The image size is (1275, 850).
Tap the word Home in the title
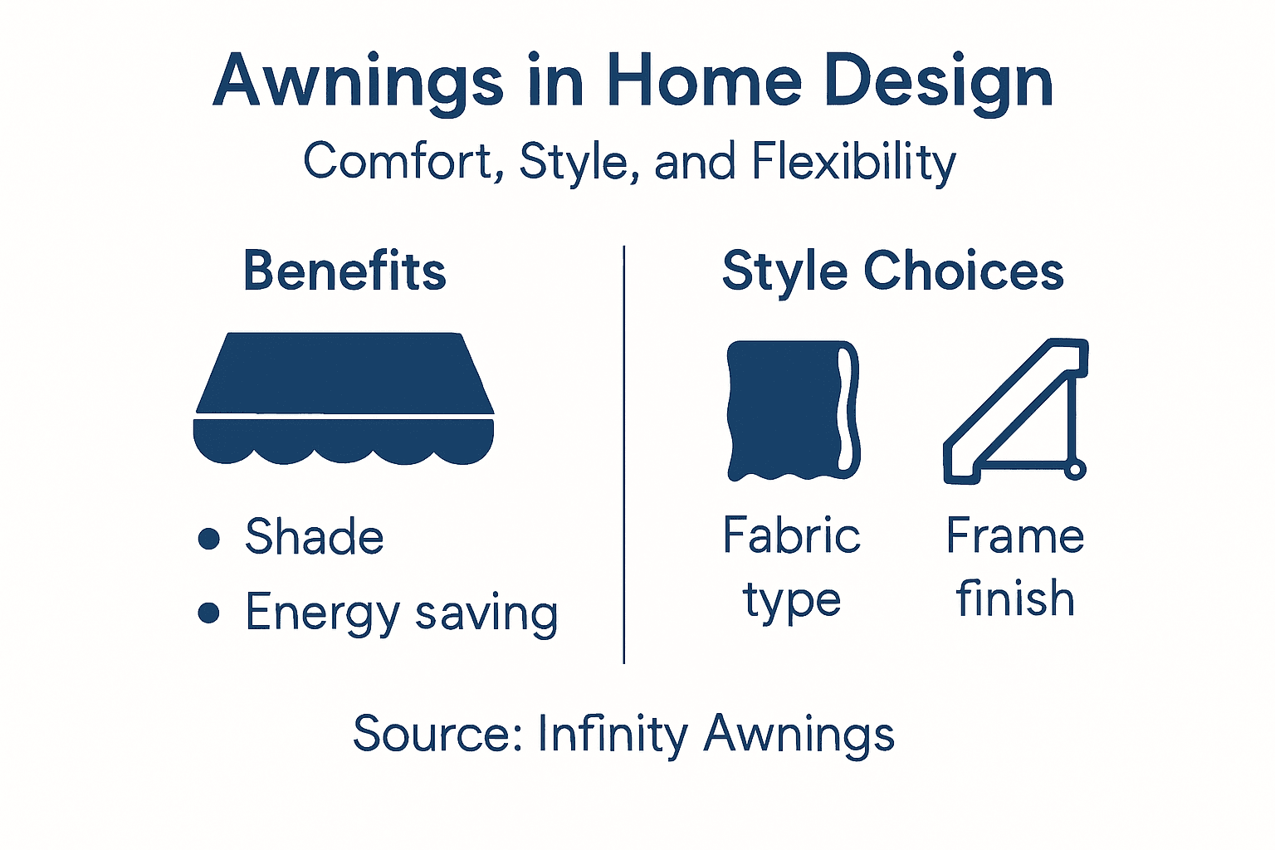click(704, 81)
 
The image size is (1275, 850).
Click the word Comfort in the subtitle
click(398, 161)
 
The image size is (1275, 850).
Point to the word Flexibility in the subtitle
click(854, 163)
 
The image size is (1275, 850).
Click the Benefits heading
click(344, 271)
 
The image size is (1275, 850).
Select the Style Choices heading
click(892, 271)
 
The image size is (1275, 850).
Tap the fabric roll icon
click(793, 410)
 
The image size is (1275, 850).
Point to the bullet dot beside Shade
click(209, 538)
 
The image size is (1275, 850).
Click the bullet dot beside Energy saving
click(209, 613)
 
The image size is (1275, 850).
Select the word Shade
click(314, 537)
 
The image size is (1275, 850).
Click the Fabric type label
click(792, 567)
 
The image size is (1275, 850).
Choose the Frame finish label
click(1015, 567)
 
